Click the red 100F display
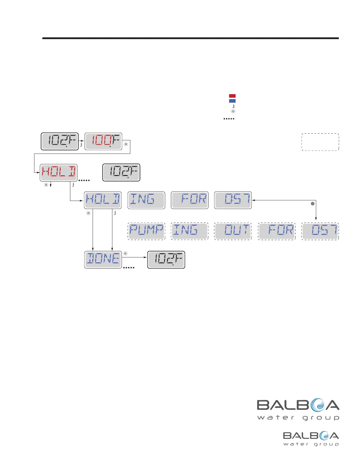coord(103,142)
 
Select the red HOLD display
coord(59,173)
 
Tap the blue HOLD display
coord(103,200)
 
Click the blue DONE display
coord(103,259)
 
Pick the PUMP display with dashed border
coord(146,231)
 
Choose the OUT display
coord(233,231)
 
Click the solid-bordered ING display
coord(146,200)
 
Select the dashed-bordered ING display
coord(190,231)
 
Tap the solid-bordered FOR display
coord(190,200)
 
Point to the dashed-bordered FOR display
coord(277,231)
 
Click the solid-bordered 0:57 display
coord(233,200)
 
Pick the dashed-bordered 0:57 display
coord(320,231)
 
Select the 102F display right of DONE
coord(166,259)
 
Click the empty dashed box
coord(320,142)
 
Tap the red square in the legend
coord(232,96)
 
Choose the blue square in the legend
coord(232,101)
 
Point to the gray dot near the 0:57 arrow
coord(313,204)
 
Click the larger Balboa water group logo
coord(298,409)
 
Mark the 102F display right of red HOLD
coord(121,173)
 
